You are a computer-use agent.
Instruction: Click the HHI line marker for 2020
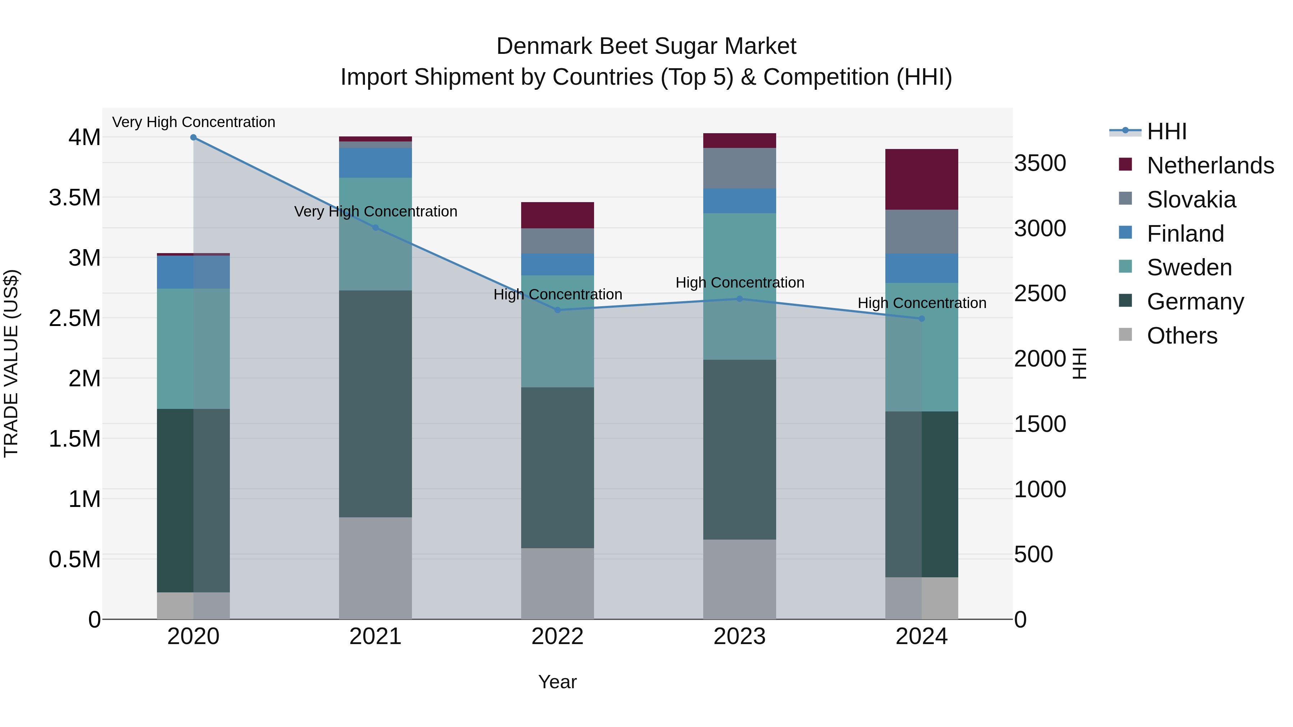[193, 138]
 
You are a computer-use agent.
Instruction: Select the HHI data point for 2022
[557, 310]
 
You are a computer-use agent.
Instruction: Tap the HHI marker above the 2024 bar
[922, 318]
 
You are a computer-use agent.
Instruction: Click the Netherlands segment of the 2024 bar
[922, 179]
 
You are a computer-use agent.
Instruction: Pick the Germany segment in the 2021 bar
[375, 404]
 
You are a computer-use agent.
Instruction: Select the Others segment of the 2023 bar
[740, 579]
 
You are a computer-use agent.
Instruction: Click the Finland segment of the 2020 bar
[193, 272]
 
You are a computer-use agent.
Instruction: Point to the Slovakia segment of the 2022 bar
[557, 241]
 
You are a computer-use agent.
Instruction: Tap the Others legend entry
[1182, 336]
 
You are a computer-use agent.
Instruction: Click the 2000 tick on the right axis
[1039, 359]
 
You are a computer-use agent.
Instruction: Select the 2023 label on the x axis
[740, 637]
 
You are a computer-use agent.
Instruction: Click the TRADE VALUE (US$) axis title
[11, 363]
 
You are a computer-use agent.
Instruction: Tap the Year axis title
[557, 682]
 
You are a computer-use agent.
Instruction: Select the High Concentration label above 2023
[740, 283]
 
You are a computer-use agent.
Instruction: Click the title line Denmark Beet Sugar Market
[646, 46]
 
